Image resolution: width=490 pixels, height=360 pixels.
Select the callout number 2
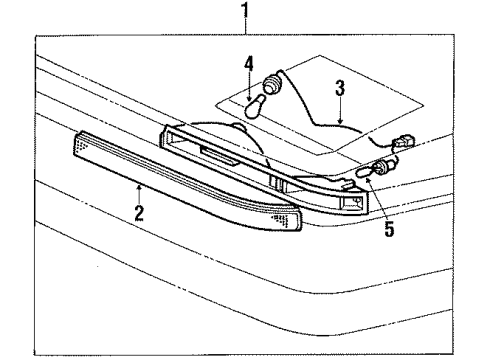(x=139, y=211)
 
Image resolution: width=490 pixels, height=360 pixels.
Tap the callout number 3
(x=340, y=88)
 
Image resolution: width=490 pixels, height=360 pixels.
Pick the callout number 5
(x=389, y=230)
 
